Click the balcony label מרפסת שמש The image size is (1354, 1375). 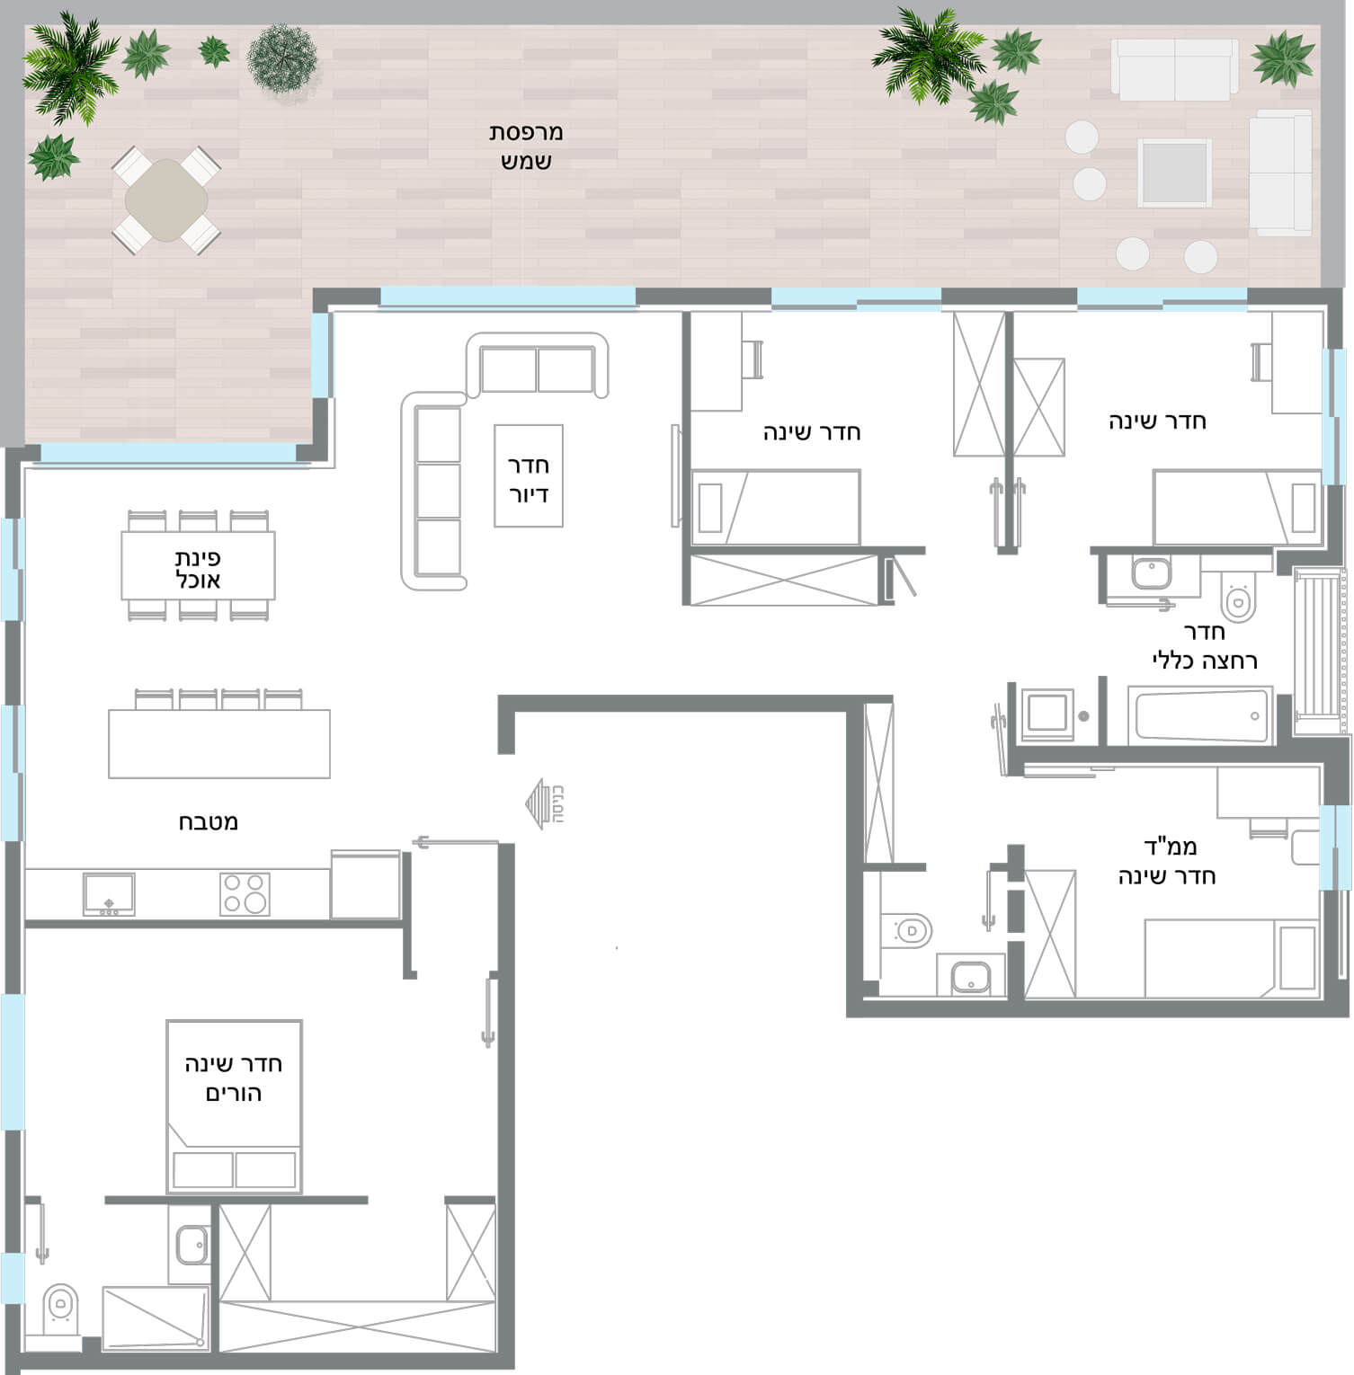pyautogui.click(x=526, y=146)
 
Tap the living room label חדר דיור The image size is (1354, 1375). pyautogui.click(x=529, y=479)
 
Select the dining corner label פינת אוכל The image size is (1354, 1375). pyautogui.click(x=198, y=569)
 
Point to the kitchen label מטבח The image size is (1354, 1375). pyautogui.click(x=208, y=821)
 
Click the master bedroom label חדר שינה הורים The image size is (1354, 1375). pyautogui.click(x=234, y=1078)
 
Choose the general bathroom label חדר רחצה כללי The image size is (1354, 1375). pyautogui.click(x=1205, y=646)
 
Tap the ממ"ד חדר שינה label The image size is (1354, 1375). pyautogui.click(x=1167, y=861)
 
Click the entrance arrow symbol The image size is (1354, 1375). pyautogui.click(x=539, y=803)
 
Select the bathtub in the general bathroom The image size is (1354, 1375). pyautogui.click(x=1201, y=715)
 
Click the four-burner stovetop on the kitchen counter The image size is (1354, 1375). pyautogui.click(x=245, y=894)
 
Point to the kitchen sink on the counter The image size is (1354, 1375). pyautogui.click(x=109, y=894)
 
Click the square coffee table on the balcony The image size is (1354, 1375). pyautogui.click(x=1174, y=173)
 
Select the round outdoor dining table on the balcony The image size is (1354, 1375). pyautogui.click(x=166, y=200)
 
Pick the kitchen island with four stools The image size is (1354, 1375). pyautogui.click(x=219, y=743)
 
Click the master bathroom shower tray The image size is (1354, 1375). pyautogui.click(x=156, y=1317)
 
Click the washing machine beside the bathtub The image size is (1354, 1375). pyautogui.click(x=1047, y=715)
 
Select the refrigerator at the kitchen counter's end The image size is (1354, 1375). pyautogui.click(x=365, y=884)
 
